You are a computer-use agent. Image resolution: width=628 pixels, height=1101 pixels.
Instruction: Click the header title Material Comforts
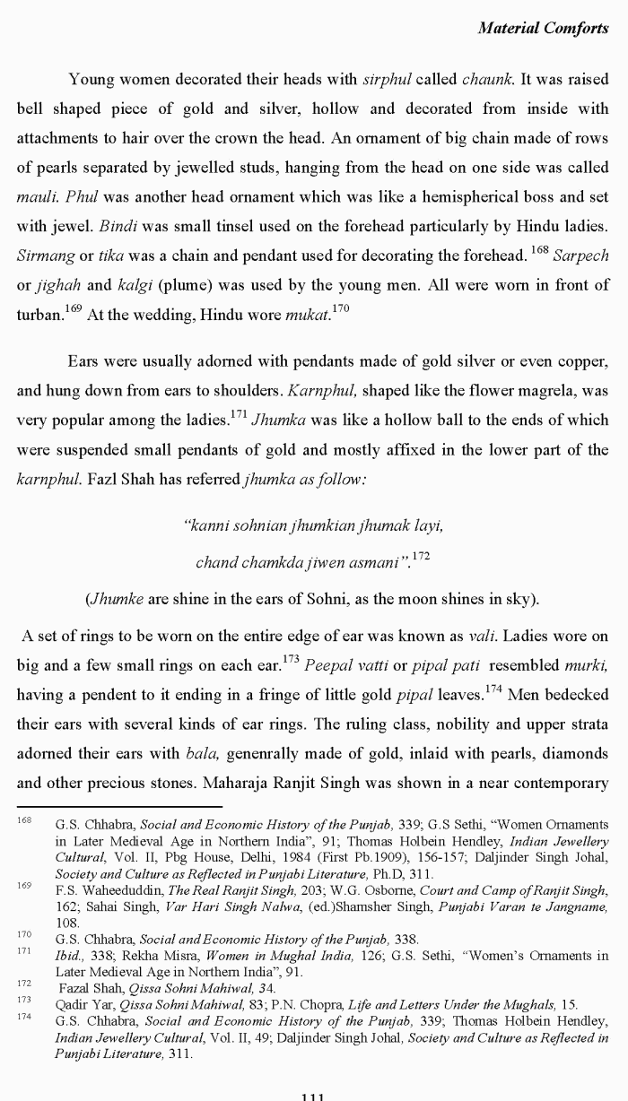pos(543,28)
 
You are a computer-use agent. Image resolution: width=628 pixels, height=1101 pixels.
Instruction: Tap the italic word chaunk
pos(487,79)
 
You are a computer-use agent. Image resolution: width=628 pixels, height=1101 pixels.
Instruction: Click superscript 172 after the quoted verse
pos(420,556)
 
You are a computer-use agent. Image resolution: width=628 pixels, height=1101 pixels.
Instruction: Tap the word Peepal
pos(329,665)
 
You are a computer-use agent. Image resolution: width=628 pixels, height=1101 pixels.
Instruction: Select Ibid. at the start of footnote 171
pos(68,955)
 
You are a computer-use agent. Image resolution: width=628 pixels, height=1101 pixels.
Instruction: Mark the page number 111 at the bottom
pos(313,1096)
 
